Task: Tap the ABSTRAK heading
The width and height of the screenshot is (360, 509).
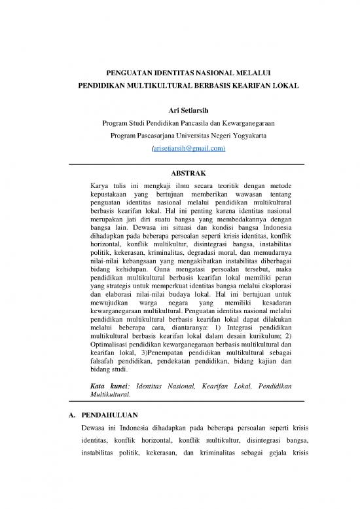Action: point(179,174)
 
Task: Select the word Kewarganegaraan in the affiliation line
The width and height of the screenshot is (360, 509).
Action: point(242,123)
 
